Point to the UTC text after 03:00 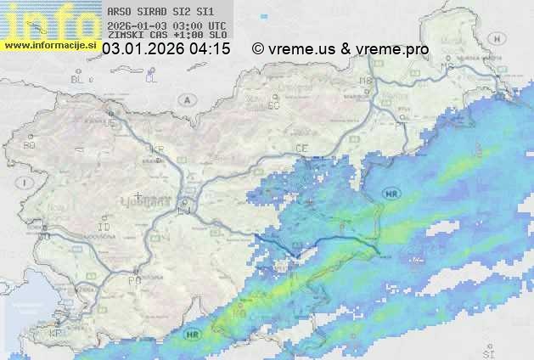click(216, 26)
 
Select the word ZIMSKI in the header click(126, 37)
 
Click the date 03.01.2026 click(143, 50)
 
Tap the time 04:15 click(210, 50)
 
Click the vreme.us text click(301, 50)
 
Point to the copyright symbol click(258, 50)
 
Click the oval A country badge click(187, 99)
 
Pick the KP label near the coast click(56, 334)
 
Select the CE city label click(301, 148)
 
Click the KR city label click(157, 149)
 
